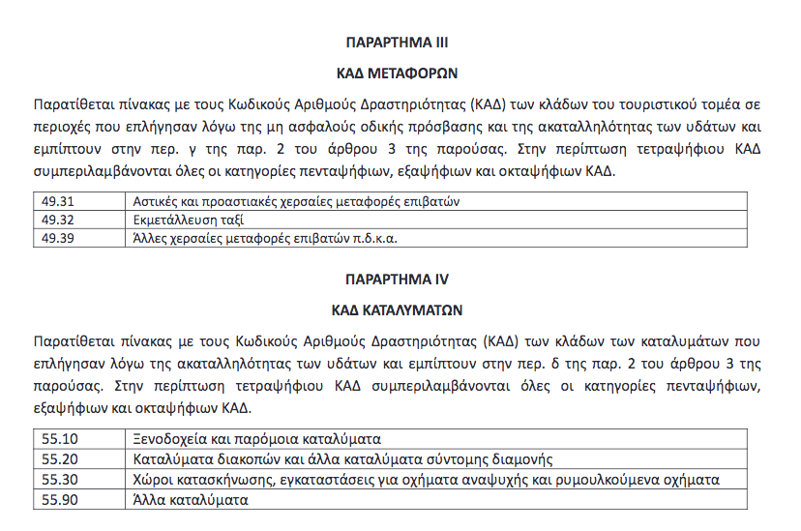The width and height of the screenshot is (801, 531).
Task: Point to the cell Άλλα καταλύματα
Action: coord(191,500)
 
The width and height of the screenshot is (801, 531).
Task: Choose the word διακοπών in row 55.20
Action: coord(239,458)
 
